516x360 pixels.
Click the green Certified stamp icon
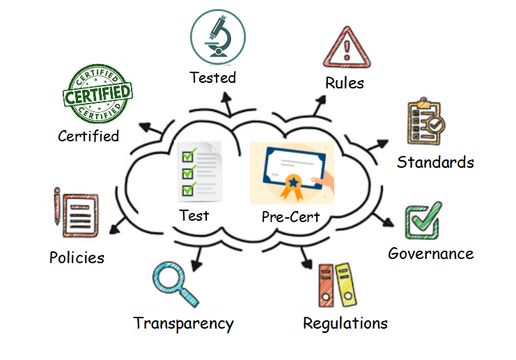coord(97,93)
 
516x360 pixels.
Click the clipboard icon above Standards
coord(425,123)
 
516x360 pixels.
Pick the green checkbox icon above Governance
coord(423,221)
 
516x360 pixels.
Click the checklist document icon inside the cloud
coord(199,169)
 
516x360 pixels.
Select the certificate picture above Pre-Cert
coord(292,173)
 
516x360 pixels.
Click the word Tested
coord(213,77)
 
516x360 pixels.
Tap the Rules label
coord(345,83)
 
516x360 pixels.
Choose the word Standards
coord(435,162)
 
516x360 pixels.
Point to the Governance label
coord(430,253)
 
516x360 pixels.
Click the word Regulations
coord(345,324)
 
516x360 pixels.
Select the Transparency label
coord(183,324)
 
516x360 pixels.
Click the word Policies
coord(77,258)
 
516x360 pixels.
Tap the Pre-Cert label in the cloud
coord(290,217)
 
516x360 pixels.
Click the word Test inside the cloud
coord(194,215)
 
